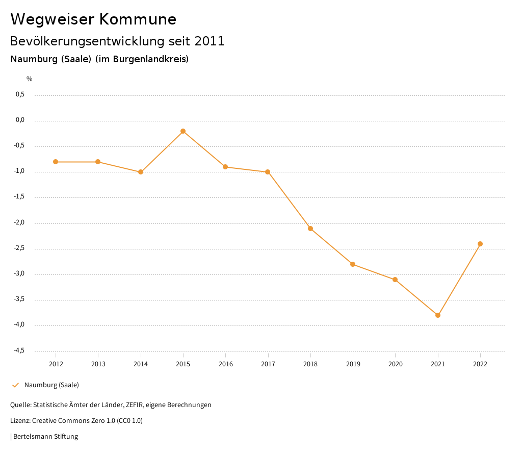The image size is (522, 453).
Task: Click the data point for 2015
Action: (183, 131)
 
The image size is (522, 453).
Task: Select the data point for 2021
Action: (438, 315)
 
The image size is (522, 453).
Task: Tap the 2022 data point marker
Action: (480, 244)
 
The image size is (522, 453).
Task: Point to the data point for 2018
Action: (310, 229)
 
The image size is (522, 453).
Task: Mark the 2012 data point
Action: (56, 162)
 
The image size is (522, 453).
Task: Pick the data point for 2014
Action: (141, 172)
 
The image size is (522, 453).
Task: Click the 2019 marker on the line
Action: (353, 264)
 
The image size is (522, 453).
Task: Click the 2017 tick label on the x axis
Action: (268, 364)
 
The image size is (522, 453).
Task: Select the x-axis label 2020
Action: (396, 364)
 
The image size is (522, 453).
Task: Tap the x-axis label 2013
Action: (98, 364)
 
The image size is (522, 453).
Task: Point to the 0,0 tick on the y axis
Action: (20, 120)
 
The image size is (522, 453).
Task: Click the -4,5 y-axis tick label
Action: (19, 350)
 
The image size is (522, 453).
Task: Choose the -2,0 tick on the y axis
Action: (19, 223)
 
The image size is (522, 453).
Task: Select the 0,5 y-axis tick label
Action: (20, 94)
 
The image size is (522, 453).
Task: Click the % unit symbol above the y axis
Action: (30, 79)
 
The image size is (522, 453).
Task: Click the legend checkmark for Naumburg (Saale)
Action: (15, 385)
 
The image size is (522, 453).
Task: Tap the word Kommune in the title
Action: (138, 19)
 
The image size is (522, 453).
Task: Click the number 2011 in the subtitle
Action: (210, 41)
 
